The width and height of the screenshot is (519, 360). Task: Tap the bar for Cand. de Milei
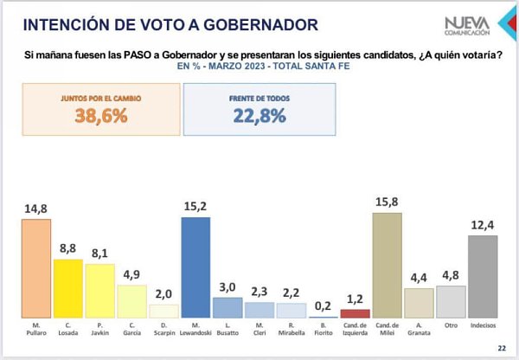pos(387,266)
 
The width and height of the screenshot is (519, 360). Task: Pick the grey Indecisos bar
pos(483,277)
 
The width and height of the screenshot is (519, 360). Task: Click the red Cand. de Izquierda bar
pos(355,313)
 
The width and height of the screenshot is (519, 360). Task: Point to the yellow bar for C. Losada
pos(67,288)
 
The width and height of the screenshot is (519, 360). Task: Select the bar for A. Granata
pos(419,303)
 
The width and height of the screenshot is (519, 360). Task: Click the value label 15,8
pos(387,203)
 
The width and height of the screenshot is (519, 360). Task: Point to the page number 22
pos(502,348)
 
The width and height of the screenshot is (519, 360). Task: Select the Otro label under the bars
pos(451,327)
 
